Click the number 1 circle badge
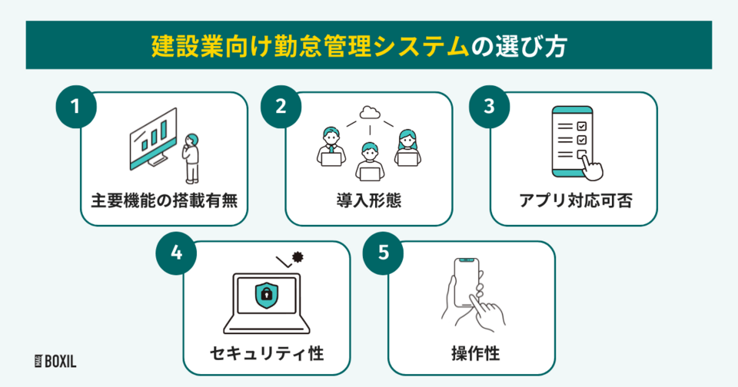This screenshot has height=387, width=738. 75,107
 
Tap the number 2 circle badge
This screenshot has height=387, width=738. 280,107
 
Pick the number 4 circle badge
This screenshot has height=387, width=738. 177,256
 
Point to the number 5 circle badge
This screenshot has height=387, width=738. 382,256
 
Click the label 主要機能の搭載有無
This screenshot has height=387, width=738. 164,203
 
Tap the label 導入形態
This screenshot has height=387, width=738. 369,203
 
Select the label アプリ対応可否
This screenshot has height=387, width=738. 573,203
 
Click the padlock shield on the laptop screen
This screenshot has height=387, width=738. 266,293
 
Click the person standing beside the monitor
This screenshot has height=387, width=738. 191,156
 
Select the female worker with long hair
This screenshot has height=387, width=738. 407,147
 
